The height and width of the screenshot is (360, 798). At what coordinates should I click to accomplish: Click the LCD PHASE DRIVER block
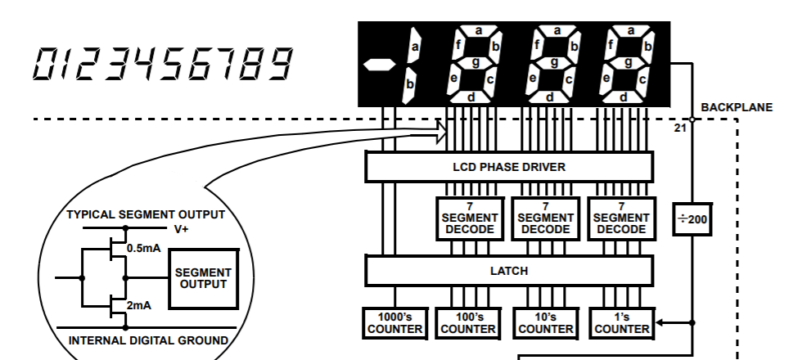[x=508, y=167]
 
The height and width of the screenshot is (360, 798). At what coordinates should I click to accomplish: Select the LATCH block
[x=508, y=270]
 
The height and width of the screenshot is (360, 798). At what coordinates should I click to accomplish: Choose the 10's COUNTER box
[x=545, y=322]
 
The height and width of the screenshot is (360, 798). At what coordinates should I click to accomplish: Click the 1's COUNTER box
[x=622, y=322]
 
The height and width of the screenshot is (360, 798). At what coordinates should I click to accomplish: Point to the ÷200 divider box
[x=692, y=219]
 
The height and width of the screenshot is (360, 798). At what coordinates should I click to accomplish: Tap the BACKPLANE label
[x=737, y=107]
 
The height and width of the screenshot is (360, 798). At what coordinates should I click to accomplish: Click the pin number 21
[x=680, y=128]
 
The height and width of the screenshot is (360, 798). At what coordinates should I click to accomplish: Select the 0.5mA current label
[x=143, y=248]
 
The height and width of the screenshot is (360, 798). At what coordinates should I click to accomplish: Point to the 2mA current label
[x=138, y=305]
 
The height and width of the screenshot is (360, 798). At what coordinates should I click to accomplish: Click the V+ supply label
[x=182, y=229]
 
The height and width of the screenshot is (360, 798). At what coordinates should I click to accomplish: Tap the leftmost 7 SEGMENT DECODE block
[x=470, y=218]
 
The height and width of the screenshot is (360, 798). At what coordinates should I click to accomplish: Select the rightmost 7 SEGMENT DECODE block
[x=622, y=218]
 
